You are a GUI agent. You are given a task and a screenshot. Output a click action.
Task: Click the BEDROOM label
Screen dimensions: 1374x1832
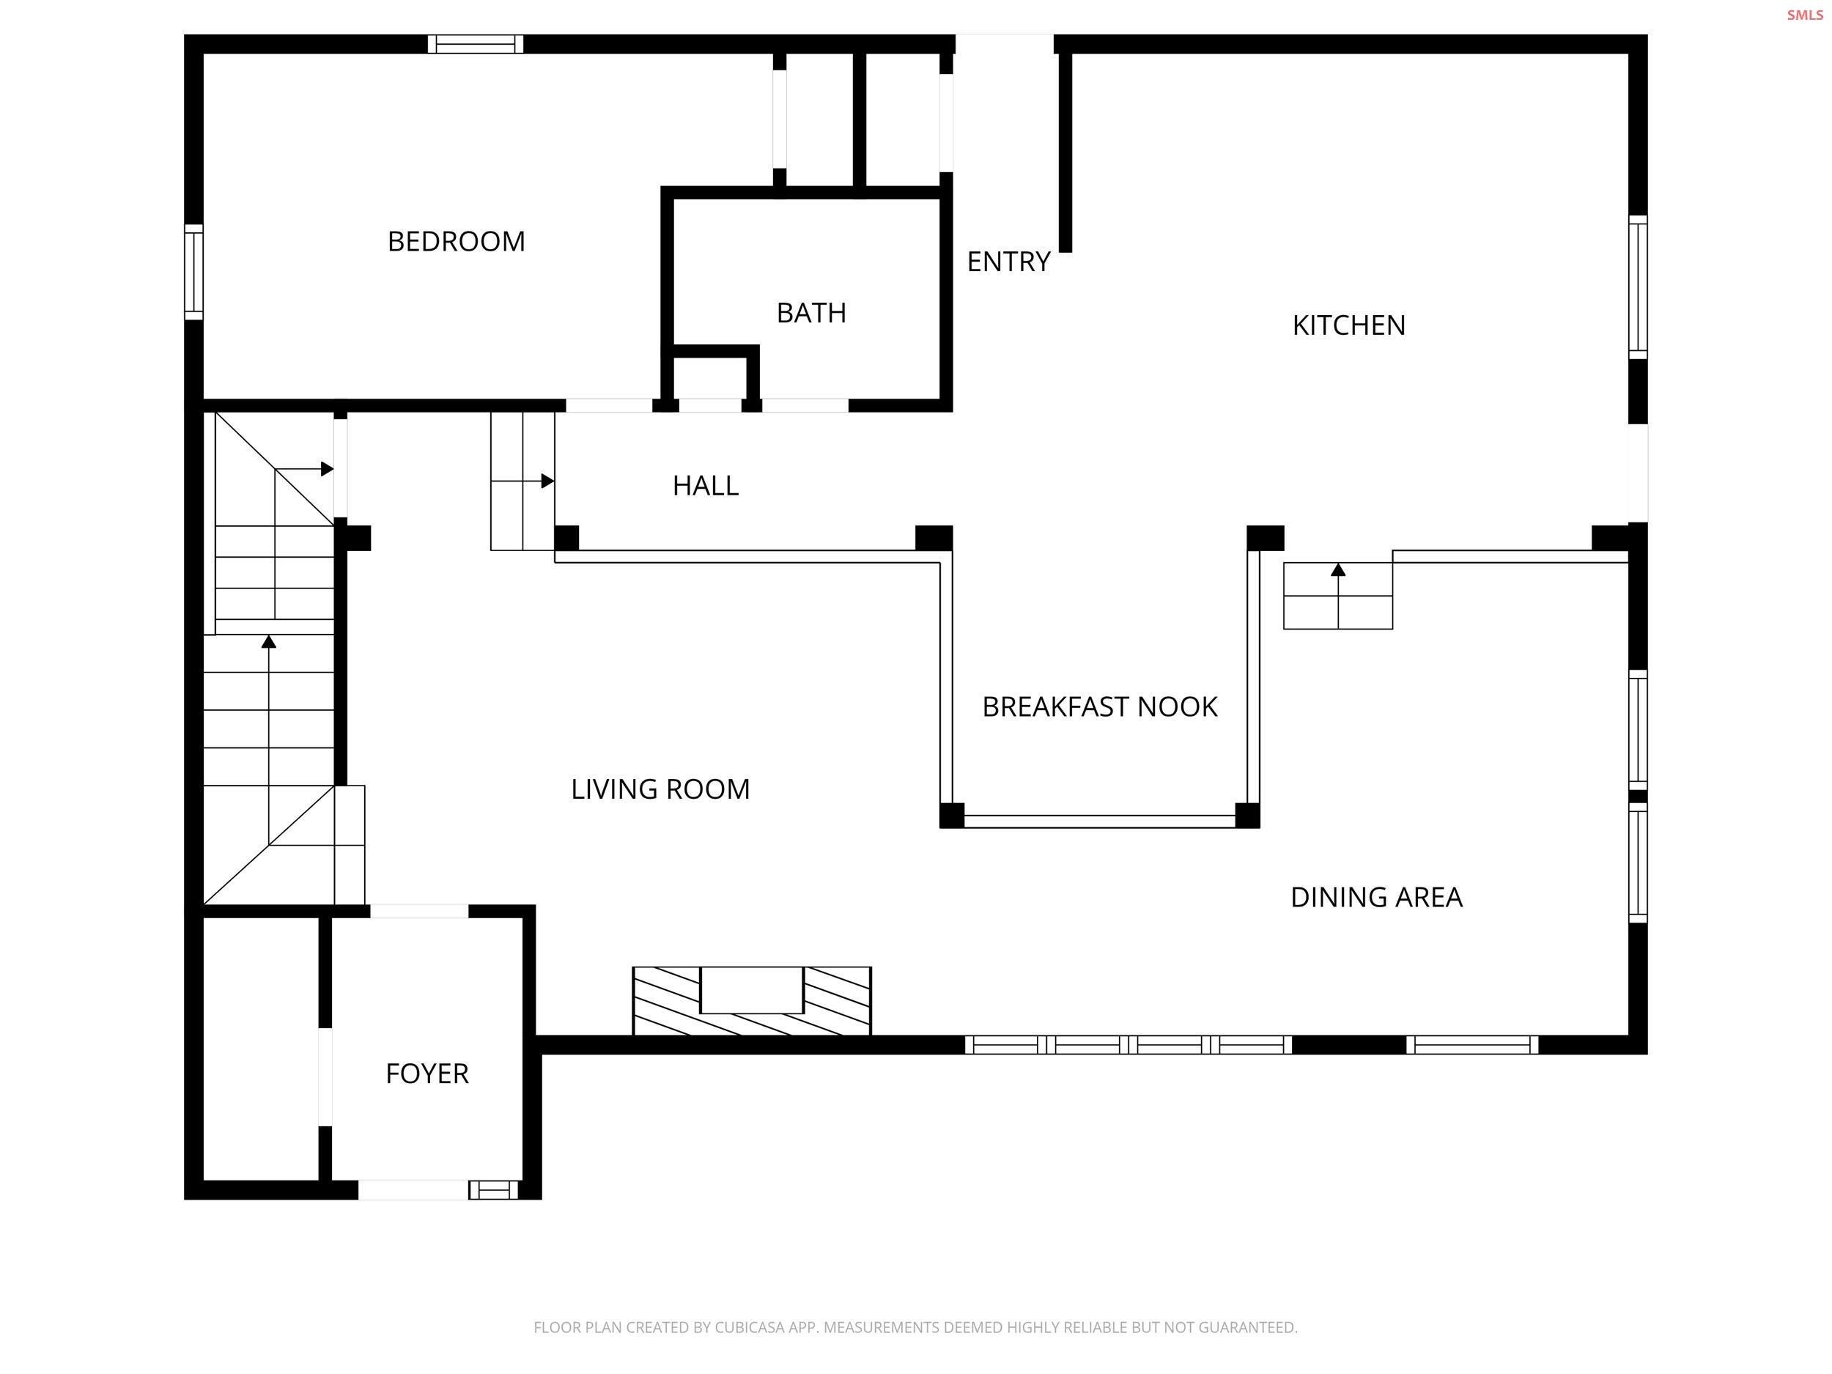point(457,241)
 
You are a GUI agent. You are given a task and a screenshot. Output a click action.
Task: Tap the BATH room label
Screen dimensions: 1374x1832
point(810,313)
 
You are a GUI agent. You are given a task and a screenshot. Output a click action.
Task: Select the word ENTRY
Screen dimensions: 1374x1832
point(1008,262)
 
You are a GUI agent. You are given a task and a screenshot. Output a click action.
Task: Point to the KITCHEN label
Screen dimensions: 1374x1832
point(1348,325)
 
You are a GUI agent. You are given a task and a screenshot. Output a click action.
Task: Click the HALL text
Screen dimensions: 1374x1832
point(706,485)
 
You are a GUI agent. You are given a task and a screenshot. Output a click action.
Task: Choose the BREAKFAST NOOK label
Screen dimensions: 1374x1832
point(1099,706)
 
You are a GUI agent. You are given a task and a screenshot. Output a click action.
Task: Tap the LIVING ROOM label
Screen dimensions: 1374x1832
point(660,788)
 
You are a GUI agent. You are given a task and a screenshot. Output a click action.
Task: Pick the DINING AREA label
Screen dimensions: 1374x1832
point(1375,897)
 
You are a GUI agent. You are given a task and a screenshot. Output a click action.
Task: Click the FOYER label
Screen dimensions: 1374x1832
point(426,1074)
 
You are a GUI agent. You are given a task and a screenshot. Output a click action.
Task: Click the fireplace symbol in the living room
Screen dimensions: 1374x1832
point(751,1000)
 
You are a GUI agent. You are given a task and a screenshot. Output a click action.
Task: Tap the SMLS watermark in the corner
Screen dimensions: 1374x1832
point(1804,15)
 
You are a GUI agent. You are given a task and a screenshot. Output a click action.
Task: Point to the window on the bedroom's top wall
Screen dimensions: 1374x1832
point(476,44)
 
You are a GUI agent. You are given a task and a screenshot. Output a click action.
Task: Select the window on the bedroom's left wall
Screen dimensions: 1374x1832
point(193,272)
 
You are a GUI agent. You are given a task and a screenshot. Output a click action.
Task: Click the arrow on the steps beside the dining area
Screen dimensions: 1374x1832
point(1337,571)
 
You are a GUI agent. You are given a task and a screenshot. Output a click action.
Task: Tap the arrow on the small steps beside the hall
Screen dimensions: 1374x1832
point(547,481)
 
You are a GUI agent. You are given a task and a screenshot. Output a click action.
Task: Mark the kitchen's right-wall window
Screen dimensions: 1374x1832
point(1637,287)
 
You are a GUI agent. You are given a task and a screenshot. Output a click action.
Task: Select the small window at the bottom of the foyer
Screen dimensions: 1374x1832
point(492,1190)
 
